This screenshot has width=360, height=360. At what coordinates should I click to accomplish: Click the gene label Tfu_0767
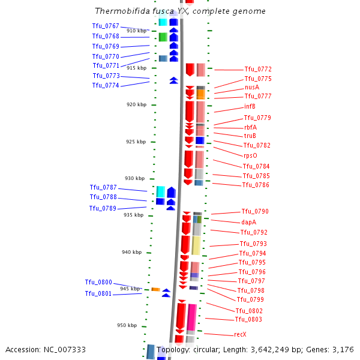106,26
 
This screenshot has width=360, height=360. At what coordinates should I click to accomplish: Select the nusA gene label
252,87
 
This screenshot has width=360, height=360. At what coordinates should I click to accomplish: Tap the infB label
250,106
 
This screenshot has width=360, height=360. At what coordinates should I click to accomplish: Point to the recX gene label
240,334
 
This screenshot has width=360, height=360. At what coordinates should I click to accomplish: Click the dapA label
248,222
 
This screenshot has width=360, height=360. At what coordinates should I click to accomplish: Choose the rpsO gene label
250,155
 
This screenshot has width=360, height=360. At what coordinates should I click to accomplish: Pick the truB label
250,136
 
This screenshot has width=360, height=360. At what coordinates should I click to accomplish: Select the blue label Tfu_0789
103,208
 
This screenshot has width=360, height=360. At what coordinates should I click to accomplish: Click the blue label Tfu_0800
98,282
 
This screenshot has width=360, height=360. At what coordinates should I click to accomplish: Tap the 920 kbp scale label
136,104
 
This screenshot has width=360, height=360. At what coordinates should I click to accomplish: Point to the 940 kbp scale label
132,252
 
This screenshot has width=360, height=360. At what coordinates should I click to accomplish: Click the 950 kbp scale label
127,325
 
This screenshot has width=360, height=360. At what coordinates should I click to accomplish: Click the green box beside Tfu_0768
163,37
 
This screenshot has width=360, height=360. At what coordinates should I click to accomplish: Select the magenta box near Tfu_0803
191,317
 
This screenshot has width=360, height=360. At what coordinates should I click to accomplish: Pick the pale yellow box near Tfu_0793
196,245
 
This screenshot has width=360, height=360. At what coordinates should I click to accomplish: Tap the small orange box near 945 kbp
155,289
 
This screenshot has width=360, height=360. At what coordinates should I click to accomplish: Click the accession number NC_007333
65,350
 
